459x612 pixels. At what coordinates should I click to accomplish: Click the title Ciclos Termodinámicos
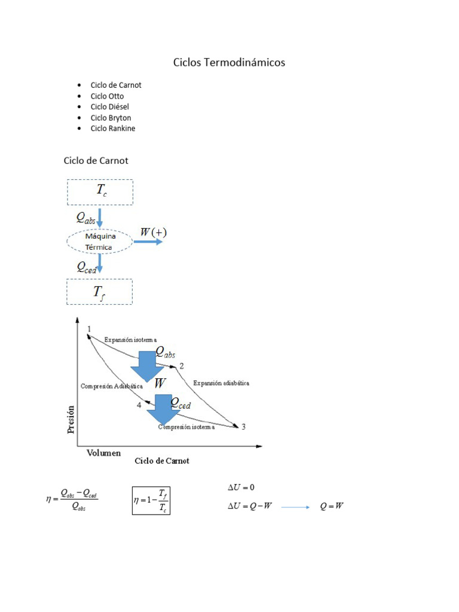pyautogui.click(x=229, y=62)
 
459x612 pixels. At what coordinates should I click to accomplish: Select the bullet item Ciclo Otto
pyautogui.click(x=108, y=96)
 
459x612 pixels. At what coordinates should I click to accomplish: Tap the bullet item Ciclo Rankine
pyautogui.click(x=113, y=128)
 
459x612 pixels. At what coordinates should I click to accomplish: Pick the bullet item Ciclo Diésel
pyautogui.click(x=110, y=106)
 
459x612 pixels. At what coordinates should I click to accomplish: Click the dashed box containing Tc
pyautogui.click(x=100, y=192)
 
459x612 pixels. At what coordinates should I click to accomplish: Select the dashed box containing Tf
pyautogui.click(x=99, y=292)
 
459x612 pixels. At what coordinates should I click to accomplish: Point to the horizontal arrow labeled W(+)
pyautogui.click(x=148, y=241)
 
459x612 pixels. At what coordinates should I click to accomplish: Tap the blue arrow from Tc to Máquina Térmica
pyautogui.click(x=100, y=216)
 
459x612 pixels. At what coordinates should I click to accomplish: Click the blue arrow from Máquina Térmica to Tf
pyautogui.click(x=100, y=264)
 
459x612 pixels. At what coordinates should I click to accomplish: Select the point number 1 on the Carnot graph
pyautogui.click(x=89, y=329)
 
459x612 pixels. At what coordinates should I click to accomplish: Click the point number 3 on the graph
pyautogui.click(x=243, y=426)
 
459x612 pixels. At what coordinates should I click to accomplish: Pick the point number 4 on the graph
pyautogui.click(x=139, y=405)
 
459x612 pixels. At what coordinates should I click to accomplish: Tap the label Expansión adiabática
pyautogui.click(x=221, y=382)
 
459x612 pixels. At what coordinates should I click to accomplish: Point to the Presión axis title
pyautogui.click(x=71, y=419)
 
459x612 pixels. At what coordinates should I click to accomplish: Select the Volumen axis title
pyautogui.click(x=103, y=453)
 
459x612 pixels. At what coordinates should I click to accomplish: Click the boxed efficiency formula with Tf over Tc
pyautogui.click(x=151, y=500)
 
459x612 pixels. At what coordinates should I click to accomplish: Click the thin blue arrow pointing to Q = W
pyautogui.click(x=295, y=507)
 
